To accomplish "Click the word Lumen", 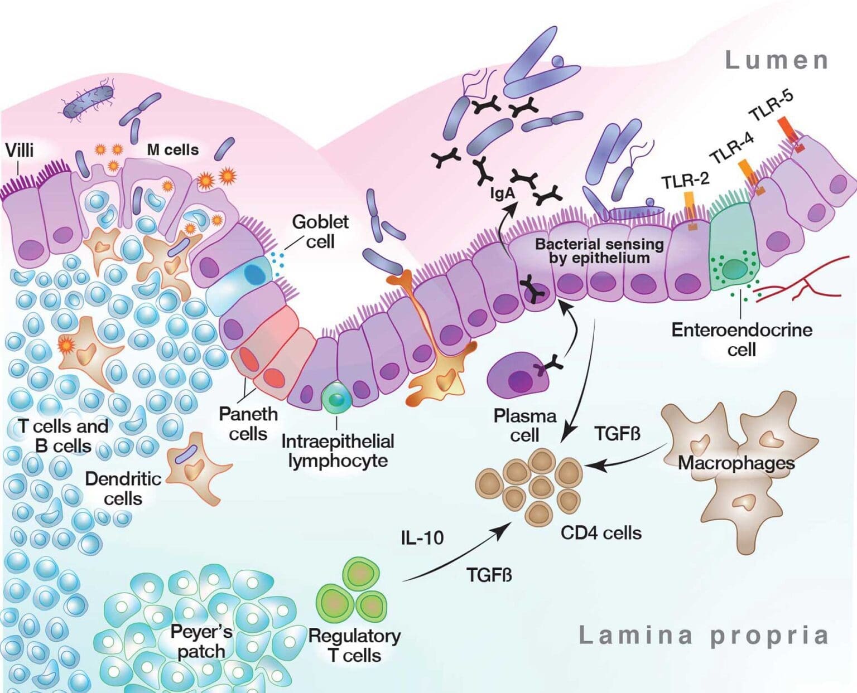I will [777, 60].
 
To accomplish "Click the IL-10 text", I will [422, 537].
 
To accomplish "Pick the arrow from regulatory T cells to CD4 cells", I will [458, 558].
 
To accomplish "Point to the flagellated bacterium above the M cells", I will [88, 101].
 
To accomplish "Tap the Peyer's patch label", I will [201, 641].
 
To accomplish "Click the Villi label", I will [20, 150].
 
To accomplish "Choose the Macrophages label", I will [736, 463].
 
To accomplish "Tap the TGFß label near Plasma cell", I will [617, 433].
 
